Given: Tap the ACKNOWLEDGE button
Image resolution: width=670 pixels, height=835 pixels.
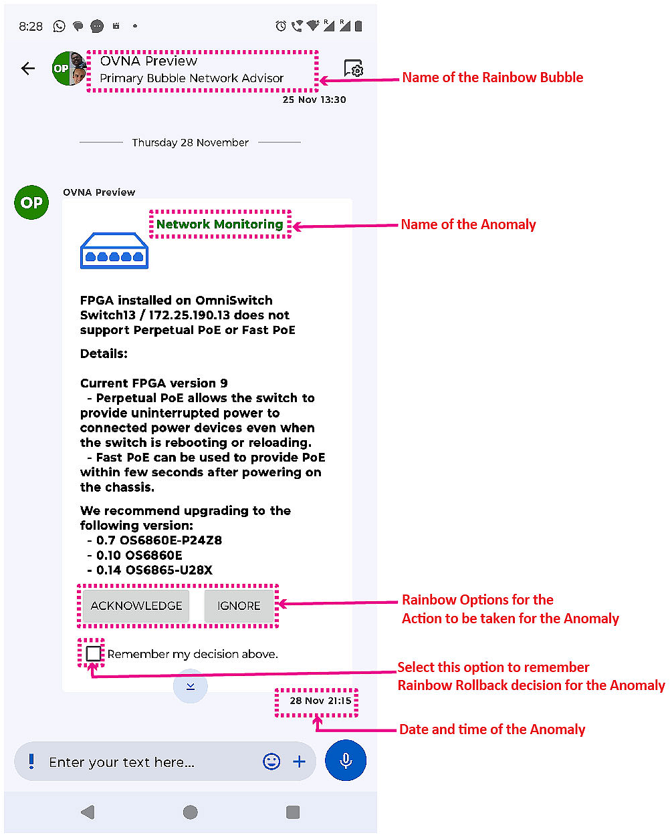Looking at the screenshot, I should (136, 606).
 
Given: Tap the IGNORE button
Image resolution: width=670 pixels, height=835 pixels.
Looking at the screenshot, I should (239, 606).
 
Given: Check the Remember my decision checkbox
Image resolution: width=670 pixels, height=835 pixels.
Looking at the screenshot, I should (94, 653).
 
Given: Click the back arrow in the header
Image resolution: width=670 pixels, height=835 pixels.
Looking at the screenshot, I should (28, 68).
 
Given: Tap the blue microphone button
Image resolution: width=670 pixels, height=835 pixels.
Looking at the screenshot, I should (346, 760).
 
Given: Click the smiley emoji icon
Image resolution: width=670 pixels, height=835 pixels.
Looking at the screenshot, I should (271, 762).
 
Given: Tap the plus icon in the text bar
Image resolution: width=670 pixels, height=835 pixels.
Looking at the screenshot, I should (300, 762).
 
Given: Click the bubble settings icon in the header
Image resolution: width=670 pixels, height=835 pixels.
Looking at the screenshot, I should (354, 68).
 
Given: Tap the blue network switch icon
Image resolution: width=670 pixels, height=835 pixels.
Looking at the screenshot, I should (114, 251).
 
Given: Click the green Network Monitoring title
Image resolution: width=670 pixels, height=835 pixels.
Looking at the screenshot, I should (219, 224).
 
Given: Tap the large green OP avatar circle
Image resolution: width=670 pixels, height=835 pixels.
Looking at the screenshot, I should (31, 202).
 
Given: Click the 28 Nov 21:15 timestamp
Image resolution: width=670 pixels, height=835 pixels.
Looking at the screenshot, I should (320, 701).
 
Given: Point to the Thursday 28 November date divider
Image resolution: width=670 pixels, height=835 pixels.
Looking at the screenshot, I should (190, 142).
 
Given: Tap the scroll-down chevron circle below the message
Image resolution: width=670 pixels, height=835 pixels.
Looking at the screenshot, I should (191, 687).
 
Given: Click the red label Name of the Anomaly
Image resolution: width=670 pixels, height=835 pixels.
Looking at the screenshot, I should (468, 224).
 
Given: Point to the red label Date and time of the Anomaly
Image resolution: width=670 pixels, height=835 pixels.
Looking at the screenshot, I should (492, 729).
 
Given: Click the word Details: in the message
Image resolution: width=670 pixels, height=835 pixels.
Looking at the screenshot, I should (104, 354).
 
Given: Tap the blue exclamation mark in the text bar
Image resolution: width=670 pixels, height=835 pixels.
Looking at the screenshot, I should (31, 761).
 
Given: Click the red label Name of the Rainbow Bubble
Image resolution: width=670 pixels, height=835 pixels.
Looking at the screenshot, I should (493, 77).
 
